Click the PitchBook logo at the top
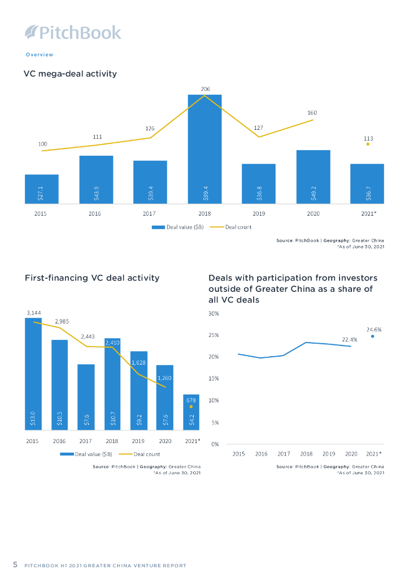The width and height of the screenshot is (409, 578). pyautogui.click(x=73, y=32)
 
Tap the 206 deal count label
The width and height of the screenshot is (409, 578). pyautogui.click(x=204, y=89)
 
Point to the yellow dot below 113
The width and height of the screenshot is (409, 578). pyautogui.click(x=368, y=144)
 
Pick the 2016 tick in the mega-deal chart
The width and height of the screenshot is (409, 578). pyautogui.click(x=95, y=214)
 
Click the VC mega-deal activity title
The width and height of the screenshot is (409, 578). pyautogui.click(x=70, y=74)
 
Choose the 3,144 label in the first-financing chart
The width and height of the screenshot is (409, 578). pyautogui.click(x=33, y=312)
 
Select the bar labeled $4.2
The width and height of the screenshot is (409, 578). pyautogui.click(x=191, y=413)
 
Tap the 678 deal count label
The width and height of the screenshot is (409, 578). pyautogui.click(x=192, y=399)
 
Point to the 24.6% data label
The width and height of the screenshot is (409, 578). pyautogui.click(x=374, y=329)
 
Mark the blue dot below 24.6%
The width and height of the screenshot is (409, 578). pyautogui.click(x=373, y=336)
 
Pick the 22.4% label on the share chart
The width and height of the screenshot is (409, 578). pyautogui.click(x=350, y=339)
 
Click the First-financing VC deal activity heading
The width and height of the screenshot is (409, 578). pyautogui.click(x=92, y=278)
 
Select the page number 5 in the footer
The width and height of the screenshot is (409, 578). pyautogui.click(x=16, y=564)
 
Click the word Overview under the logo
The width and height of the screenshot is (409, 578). pyautogui.click(x=40, y=55)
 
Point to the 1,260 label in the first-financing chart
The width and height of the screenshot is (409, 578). pyautogui.click(x=165, y=376)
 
